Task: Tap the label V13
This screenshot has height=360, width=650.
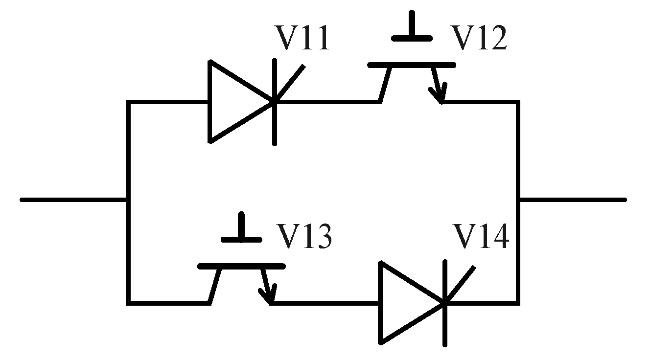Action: point(305,238)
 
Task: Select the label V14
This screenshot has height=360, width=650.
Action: point(481,238)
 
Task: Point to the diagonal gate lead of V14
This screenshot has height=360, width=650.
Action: point(460,284)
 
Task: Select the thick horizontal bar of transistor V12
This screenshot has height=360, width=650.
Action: point(411,65)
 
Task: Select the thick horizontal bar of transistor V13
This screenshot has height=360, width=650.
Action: point(241,266)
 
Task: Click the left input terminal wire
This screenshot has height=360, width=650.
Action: point(73,200)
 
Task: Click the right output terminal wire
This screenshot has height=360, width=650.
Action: point(573,200)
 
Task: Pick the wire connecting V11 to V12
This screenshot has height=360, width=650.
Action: point(328,102)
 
